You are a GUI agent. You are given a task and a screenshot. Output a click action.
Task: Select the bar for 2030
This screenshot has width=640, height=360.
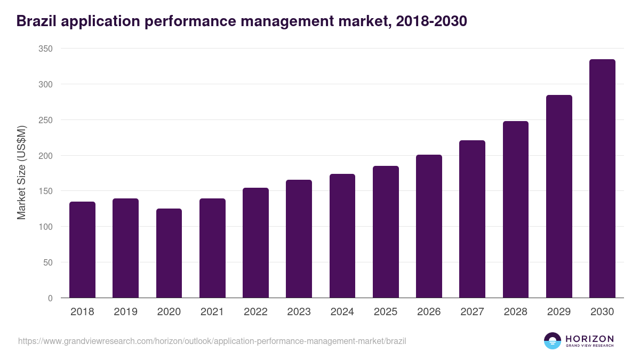coord(602,179)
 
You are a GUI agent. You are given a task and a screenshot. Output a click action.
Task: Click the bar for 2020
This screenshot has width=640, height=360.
coord(169,253)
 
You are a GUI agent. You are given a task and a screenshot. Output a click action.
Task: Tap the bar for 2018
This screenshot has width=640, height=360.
coord(82,250)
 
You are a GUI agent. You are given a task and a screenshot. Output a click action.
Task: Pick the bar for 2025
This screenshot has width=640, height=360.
coord(386,232)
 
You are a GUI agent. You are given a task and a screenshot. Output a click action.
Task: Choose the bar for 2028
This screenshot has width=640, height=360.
coord(516,210)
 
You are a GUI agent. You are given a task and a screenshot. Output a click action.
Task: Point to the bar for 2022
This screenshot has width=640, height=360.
coord(255,243)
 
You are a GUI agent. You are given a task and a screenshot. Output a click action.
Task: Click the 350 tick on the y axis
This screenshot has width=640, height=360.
coord(46,49)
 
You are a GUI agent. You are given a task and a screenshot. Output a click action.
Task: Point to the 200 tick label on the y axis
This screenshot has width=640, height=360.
coord(46,156)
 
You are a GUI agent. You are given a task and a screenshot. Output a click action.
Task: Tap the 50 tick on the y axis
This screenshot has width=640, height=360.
coord(48,262)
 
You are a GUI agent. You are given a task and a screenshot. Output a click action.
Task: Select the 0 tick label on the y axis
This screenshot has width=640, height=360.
coord(50,298)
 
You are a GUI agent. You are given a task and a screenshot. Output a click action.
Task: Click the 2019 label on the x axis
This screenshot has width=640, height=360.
coord(125,312)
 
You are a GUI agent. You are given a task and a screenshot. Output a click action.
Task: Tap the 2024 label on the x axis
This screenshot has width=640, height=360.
coord(342,312)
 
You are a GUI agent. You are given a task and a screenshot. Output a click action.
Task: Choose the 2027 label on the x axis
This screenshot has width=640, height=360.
coord(472,312)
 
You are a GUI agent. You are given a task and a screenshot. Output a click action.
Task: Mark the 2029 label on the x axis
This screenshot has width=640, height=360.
coord(559,312)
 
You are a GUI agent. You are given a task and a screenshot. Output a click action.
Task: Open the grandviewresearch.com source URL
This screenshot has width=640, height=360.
coord(208,341)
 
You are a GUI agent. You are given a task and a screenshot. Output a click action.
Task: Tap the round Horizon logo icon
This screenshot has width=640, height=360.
coord(553,341)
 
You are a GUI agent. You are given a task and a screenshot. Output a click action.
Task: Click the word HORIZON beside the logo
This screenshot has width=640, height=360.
coord(589,339)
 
